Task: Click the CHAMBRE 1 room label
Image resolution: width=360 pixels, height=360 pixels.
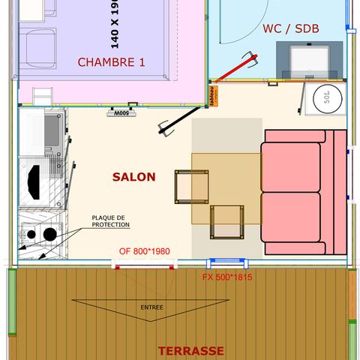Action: click(x=111, y=62)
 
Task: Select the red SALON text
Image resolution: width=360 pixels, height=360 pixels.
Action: click(x=134, y=177)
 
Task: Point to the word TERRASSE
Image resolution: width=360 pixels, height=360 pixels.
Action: click(x=190, y=350)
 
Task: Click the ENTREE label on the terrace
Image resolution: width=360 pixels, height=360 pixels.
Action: click(x=151, y=307)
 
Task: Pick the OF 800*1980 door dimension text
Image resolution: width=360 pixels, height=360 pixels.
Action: click(x=146, y=251)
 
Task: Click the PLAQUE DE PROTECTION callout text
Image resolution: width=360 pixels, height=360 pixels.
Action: click(x=109, y=221)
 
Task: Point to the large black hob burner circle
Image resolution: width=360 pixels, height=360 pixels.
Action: click(x=49, y=234)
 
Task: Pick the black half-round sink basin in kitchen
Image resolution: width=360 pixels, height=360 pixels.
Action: click(x=34, y=180)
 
